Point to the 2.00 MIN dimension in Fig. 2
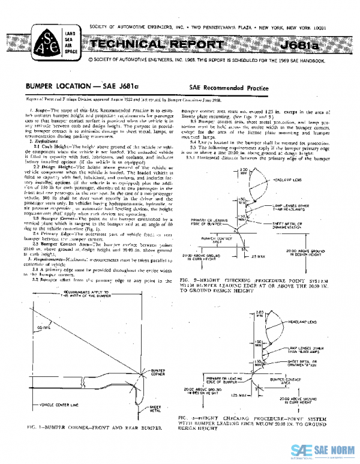pyautogui.click(x=243, y=172)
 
